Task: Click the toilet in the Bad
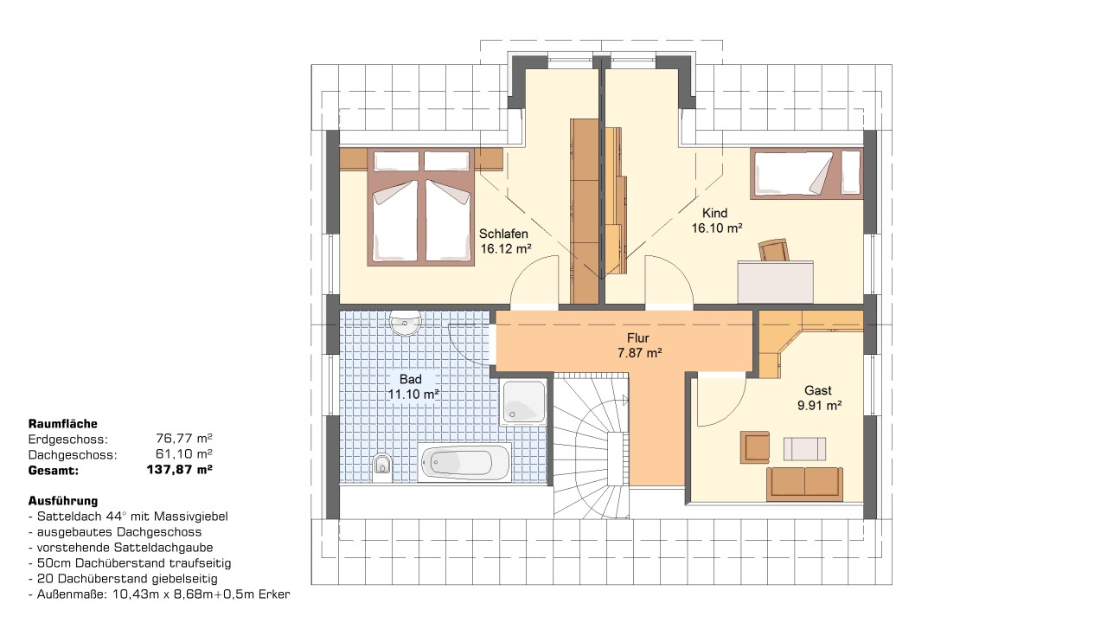(382, 466)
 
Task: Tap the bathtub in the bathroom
(464, 462)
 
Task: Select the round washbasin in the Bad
(405, 323)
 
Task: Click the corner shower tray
(523, 402)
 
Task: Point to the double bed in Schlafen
(420, 207)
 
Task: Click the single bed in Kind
(807, 173)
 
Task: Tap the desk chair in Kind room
(774, 250)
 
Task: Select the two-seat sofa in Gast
(804, 484)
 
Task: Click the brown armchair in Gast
(755, 447)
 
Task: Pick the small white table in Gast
(804, 448)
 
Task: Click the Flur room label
(638, 338)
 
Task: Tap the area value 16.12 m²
(506, 248)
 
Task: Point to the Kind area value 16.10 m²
(717, 228)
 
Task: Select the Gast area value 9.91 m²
(819, 406)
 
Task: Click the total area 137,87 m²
(179, 469)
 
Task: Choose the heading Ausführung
(63, 501)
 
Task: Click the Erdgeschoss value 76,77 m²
(184, 439)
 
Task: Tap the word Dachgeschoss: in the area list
(73, 455)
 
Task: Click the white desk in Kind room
(776, 282)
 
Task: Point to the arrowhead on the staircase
(625, 400)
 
